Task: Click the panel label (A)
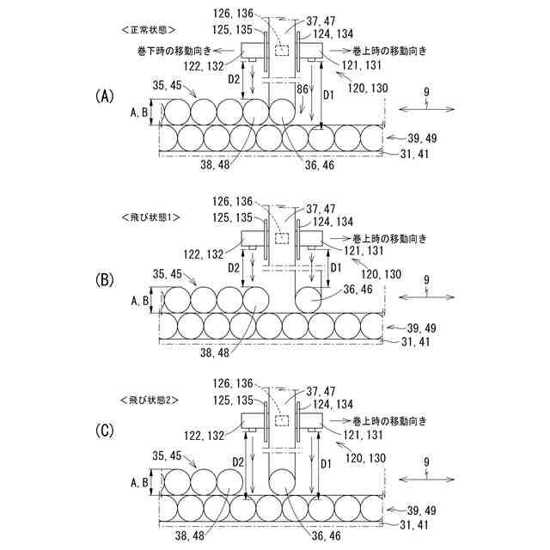tap(105, 96)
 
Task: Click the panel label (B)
tap(105, 278)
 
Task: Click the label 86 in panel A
tap(302, 88)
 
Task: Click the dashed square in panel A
tap(280, 51)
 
